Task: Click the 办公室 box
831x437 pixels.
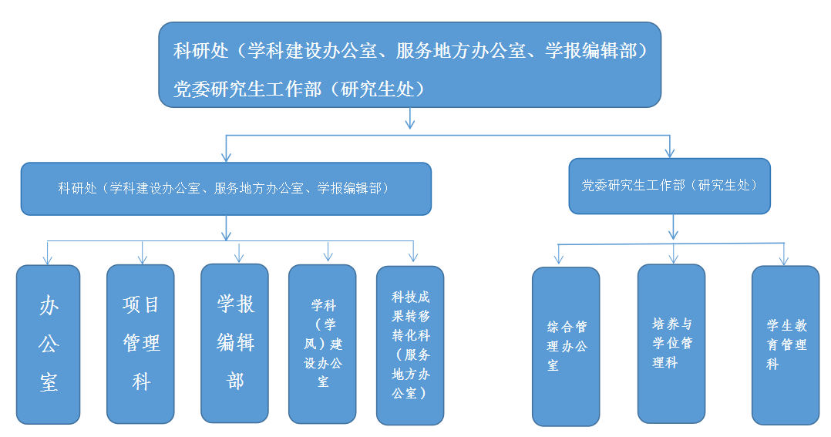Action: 49,345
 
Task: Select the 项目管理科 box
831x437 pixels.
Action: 140,344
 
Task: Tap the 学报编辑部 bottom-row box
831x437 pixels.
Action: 235,343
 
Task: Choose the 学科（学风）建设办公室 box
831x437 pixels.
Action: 322,345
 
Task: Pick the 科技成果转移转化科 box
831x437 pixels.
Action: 410,345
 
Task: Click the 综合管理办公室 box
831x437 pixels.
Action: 566,346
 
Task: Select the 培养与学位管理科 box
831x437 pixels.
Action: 671,344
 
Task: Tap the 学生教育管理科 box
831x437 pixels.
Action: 786,345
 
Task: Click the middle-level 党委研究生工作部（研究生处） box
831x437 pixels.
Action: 669,186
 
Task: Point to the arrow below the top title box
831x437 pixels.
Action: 409,118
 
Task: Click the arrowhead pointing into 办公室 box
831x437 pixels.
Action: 48,260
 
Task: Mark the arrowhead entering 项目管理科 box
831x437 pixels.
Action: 142,259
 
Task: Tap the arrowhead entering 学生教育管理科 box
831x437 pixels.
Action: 784,260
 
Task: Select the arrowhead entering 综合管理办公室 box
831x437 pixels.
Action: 558,258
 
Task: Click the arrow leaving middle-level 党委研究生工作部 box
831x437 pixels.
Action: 673,227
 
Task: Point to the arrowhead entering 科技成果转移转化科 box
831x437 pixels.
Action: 413,257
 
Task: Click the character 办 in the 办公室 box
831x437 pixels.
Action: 49,306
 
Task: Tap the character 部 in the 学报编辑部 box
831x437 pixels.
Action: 235,381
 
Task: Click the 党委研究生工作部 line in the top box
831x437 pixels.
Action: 299,89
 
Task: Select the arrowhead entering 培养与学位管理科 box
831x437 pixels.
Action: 673,258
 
